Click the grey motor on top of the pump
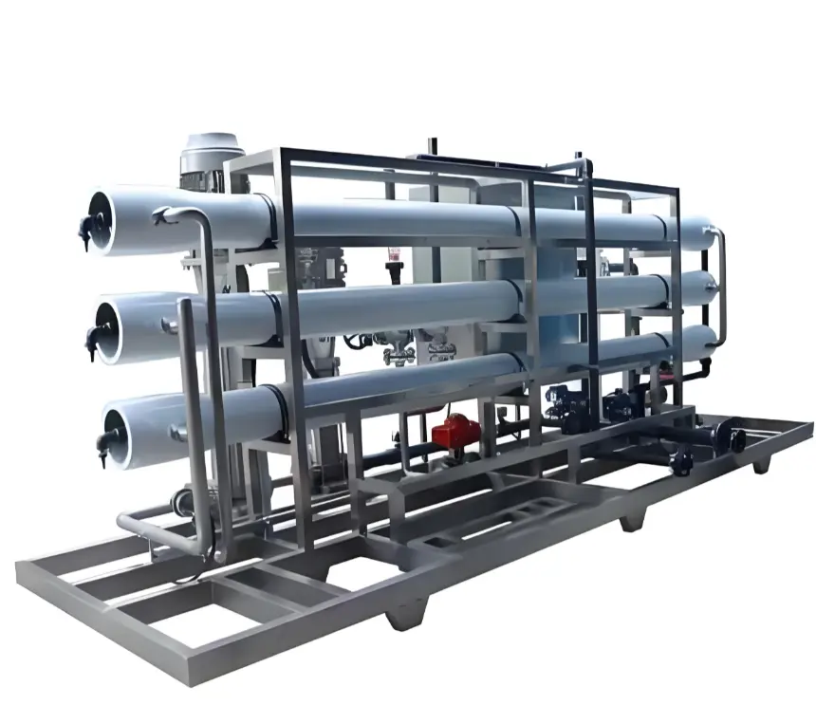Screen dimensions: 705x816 tap(211, 152)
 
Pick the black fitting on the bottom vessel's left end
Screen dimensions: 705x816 tap(103, 440)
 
